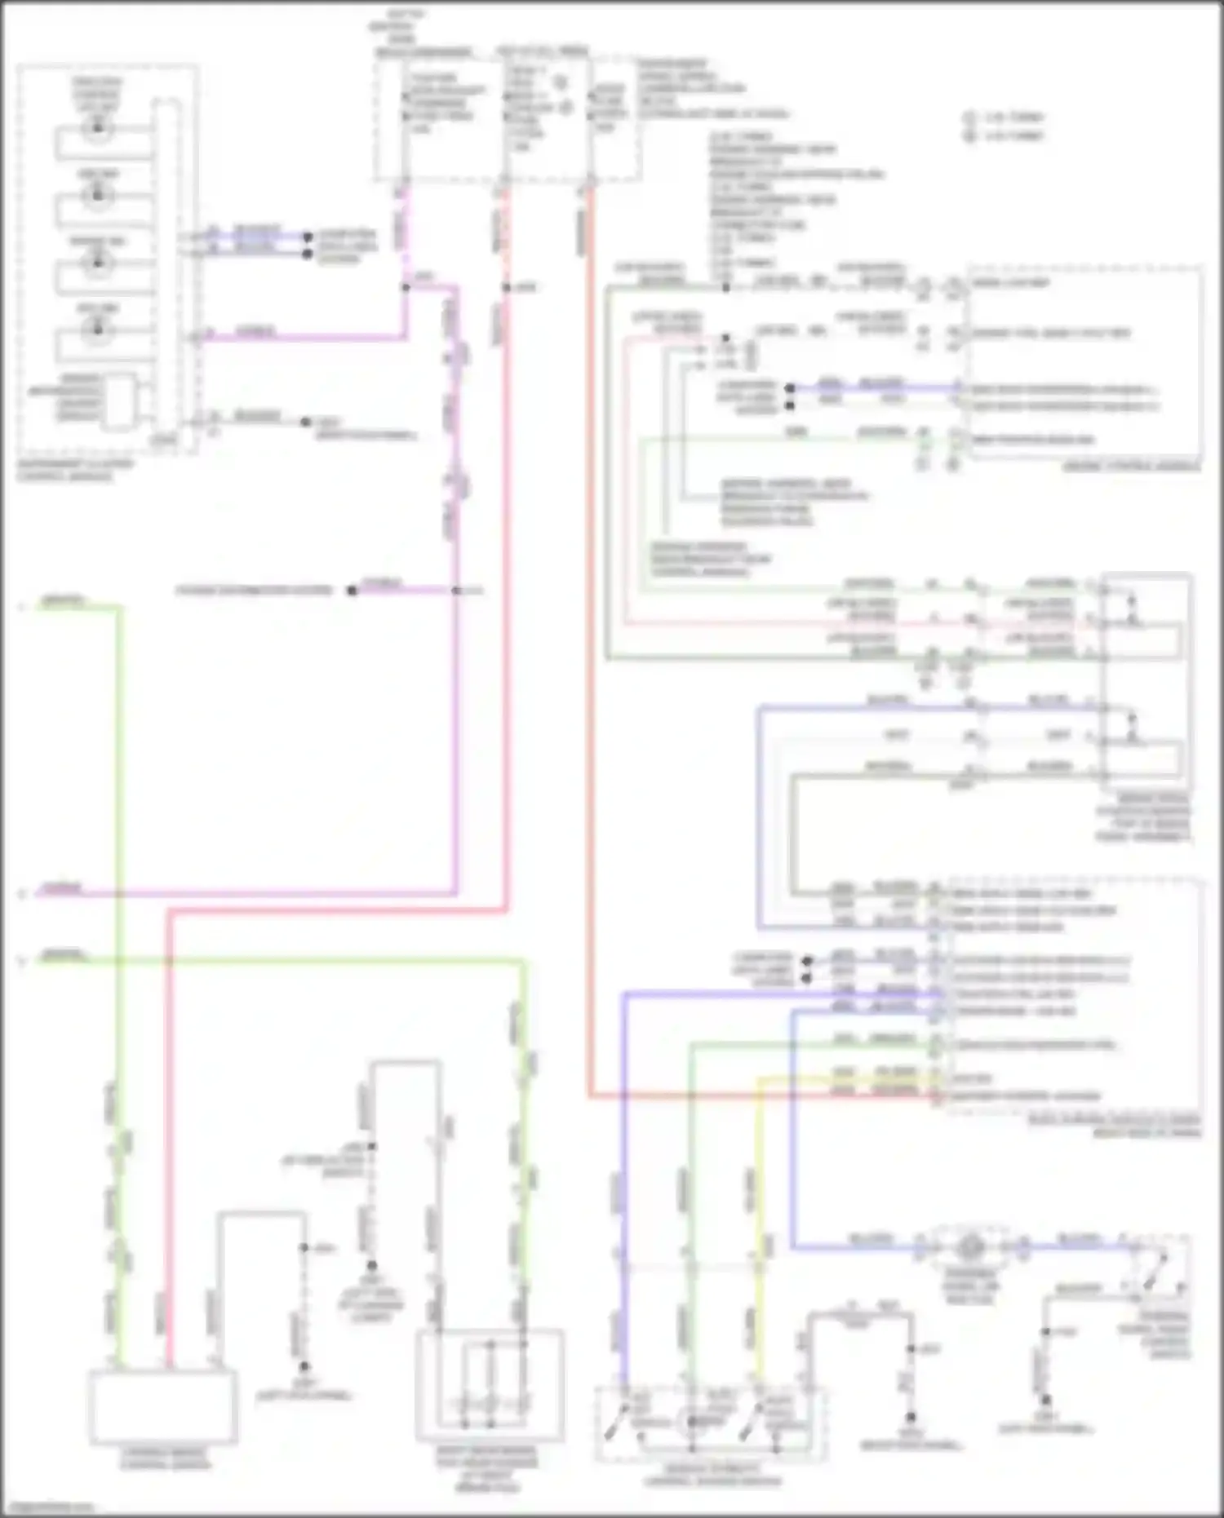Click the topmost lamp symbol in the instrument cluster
click(98, 127)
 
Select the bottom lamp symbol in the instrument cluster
click(98, 329)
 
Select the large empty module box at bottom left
click(163, 1407)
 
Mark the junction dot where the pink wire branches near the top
click(406, 287)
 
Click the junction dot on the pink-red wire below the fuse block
click(506, 287)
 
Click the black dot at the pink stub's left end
click(352, 591)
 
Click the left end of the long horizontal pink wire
click(41, 893)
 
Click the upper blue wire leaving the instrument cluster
click(257, 236)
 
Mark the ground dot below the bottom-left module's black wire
click(304, 1366)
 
